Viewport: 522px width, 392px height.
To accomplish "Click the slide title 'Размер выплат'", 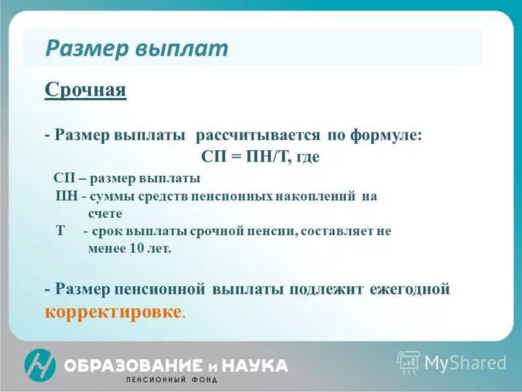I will [x=136, y=48].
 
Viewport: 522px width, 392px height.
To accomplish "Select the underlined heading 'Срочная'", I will [x=85, y=89].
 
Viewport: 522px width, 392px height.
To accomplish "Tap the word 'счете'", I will [x=105, y=214].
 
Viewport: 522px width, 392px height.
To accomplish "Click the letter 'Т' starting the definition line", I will [x=61, y=231].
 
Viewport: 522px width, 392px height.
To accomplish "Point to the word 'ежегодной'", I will [x=410, y=289].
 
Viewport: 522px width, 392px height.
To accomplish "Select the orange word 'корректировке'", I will [x=113, y=312].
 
